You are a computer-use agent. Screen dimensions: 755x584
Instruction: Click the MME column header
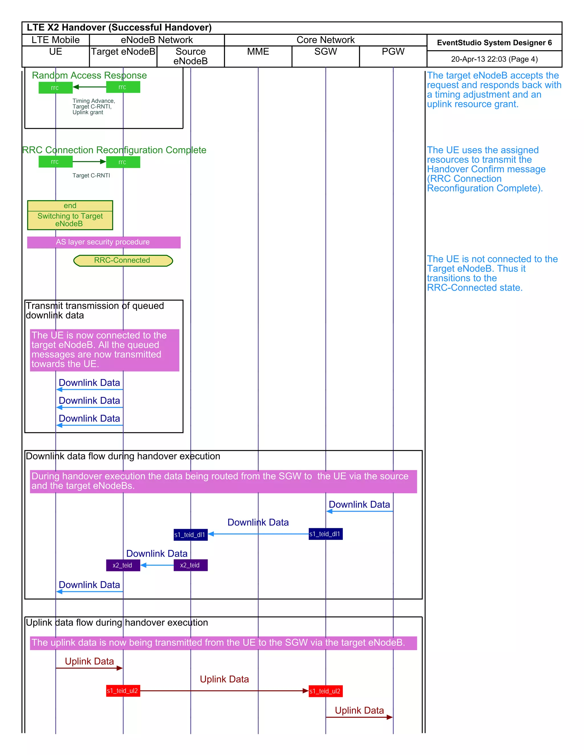[258, 52]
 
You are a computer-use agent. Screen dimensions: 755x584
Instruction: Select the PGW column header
[393, 52]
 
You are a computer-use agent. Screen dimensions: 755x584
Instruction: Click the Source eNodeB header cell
[191, 56]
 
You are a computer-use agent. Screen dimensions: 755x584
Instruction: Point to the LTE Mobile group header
[55, 40]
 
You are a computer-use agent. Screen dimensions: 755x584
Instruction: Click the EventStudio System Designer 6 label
[494, 43]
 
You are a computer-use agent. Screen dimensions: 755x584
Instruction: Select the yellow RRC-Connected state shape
[123, 260]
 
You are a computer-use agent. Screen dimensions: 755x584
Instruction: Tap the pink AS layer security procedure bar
[104, 242]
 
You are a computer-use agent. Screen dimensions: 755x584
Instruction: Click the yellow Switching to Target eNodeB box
[70, 215]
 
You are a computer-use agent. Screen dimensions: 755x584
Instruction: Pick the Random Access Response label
[89, 75]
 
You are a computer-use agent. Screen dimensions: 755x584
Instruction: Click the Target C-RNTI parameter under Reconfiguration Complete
[91, 176]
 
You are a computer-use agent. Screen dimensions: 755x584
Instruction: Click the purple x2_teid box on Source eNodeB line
[191, 565]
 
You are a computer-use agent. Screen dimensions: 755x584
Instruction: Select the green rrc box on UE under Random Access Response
[55, 87]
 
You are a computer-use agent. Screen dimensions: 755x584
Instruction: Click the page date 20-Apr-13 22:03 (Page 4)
[494, 59]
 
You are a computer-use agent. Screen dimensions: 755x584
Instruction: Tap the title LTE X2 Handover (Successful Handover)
[119, 28]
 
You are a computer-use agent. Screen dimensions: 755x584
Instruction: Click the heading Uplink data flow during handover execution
[117, 623]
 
